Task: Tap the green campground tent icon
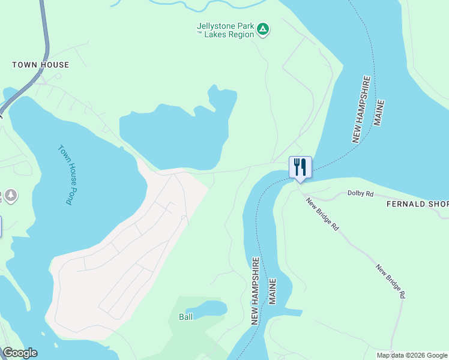[x=263, y=29]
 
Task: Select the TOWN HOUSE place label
[x=41, y=65]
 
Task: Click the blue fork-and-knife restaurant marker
[x=300, y=167]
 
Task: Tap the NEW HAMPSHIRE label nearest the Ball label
[x=256, y=291]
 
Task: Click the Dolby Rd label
[x=361, y=194]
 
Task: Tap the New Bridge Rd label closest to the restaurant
[x=322, y=215]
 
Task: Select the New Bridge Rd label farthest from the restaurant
[x=391, y=281]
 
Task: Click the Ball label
[x=185, y=317]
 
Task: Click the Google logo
[x=20, y=353]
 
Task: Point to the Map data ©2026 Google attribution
[x=412, y=355]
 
